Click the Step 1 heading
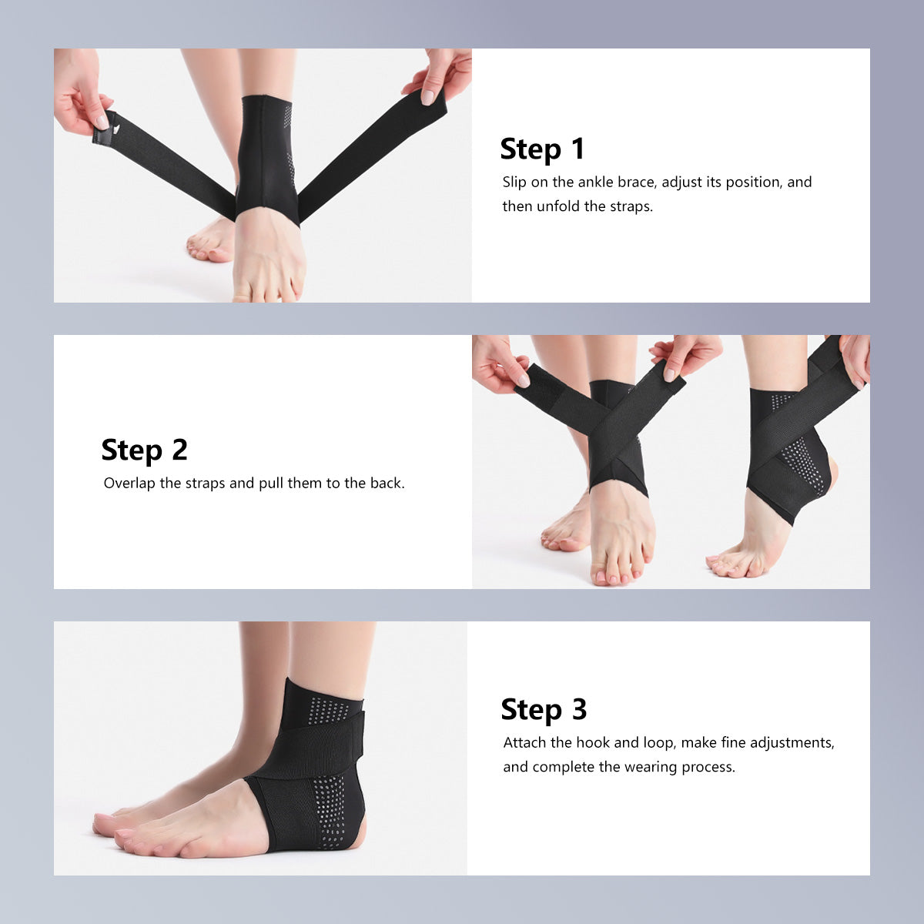click(542, 149)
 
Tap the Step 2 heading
click(144, 450)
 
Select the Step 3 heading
click(544, 709)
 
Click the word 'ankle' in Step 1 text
click(595, 182)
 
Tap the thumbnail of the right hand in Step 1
click(427, 97)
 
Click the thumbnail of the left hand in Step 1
click(102, 122)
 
